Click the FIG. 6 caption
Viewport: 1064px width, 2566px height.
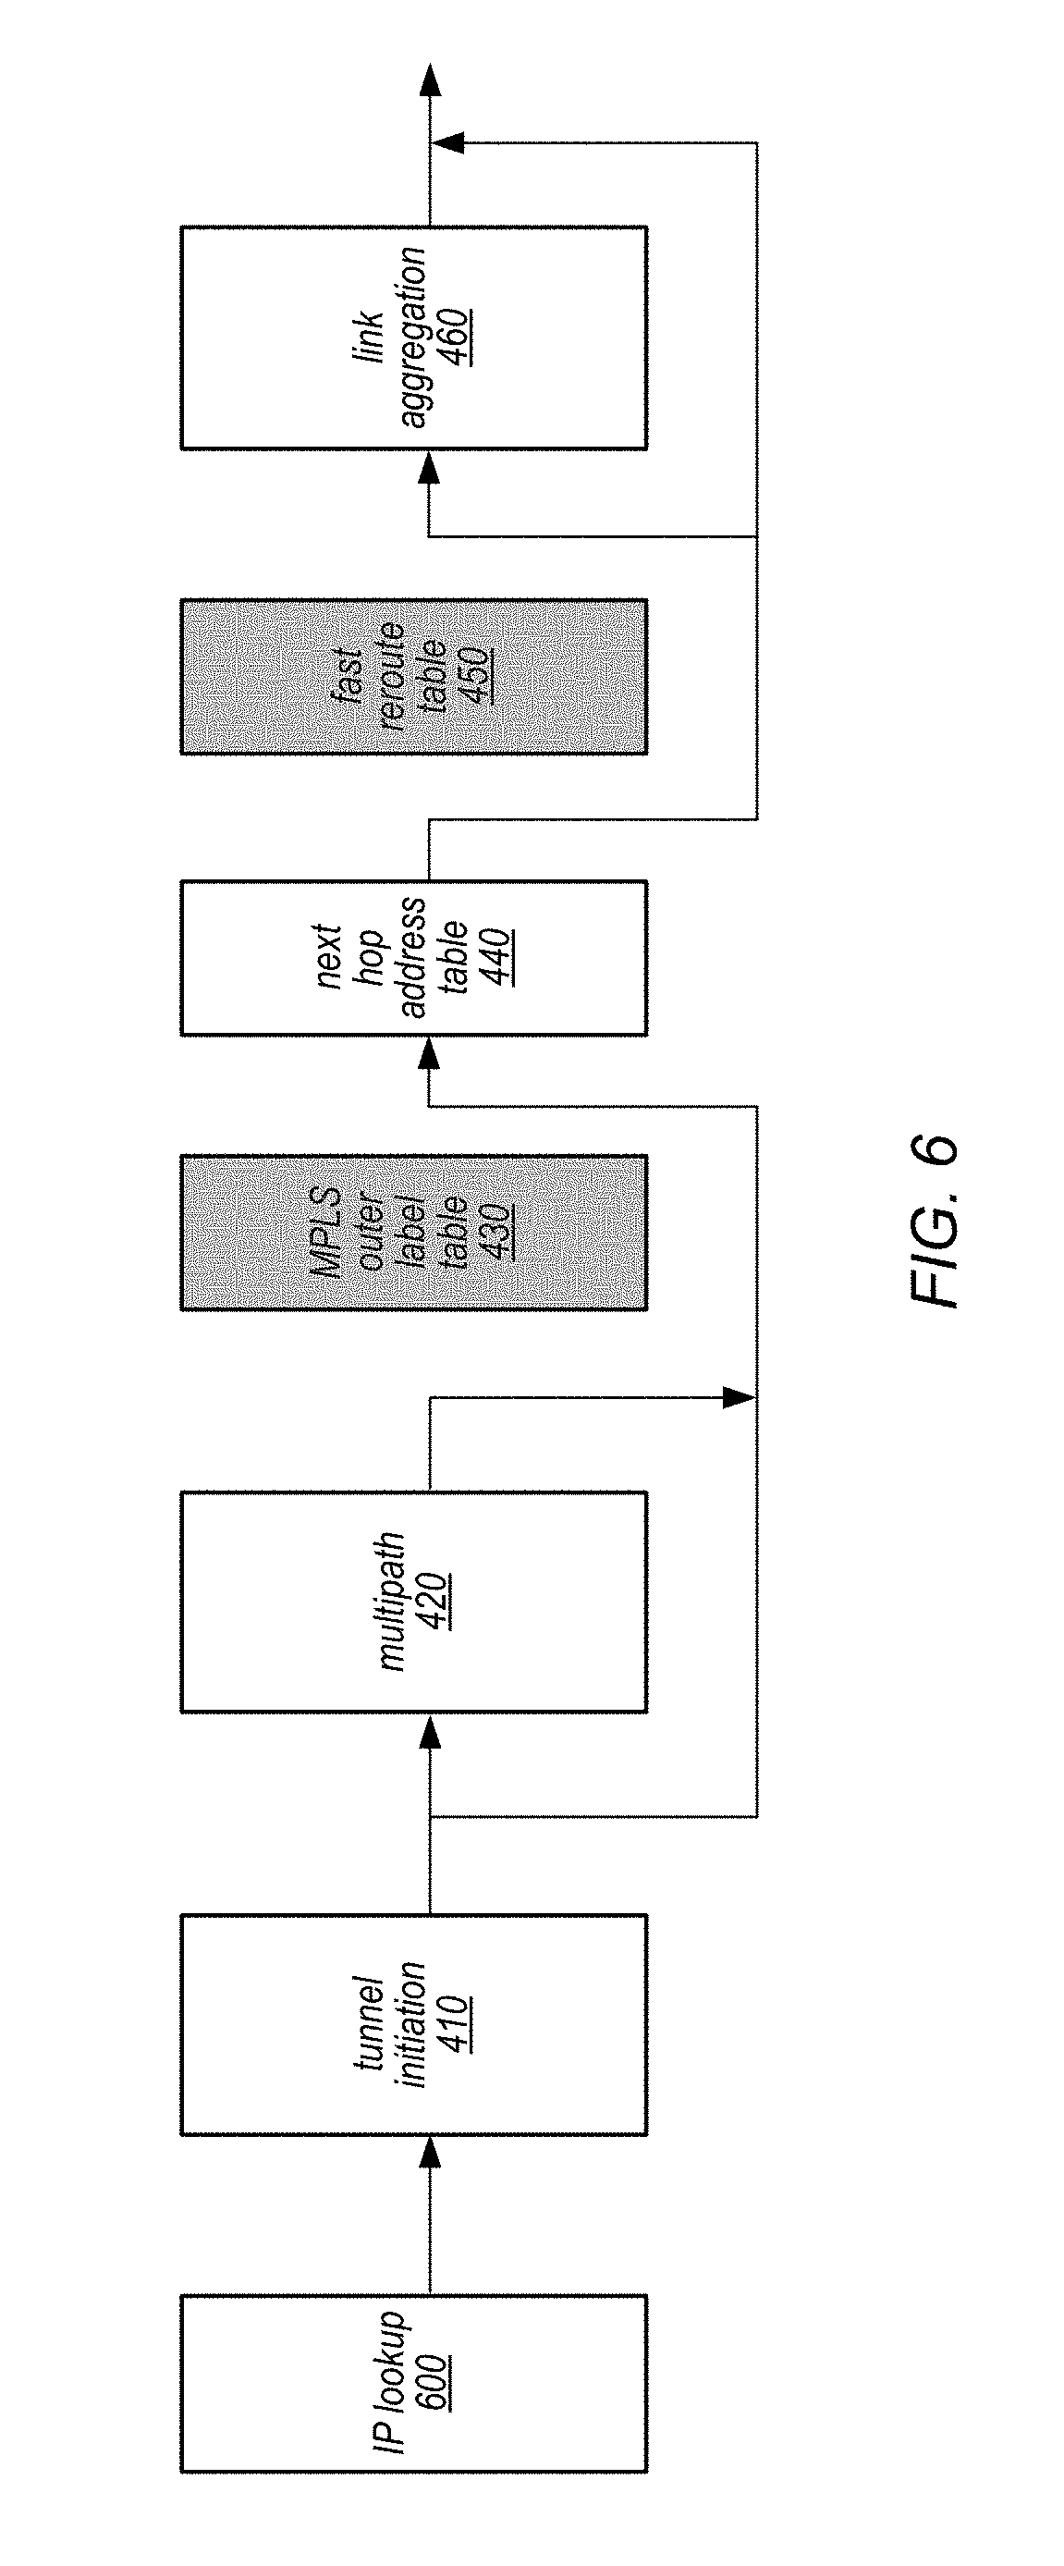point(934,1222)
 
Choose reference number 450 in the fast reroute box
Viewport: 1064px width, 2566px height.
point(476,676)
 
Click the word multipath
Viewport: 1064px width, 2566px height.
point(392,1601)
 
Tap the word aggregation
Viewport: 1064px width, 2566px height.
point(411,338)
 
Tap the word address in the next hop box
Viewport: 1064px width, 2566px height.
point(411,957)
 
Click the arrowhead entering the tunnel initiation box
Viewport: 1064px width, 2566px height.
point(429,2155)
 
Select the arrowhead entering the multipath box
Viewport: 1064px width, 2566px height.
point(429,1731)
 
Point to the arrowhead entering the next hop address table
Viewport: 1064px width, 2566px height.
point(429,1053)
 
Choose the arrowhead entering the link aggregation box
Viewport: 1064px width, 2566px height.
point(429,467)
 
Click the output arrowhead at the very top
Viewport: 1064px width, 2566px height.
point(429,80)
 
